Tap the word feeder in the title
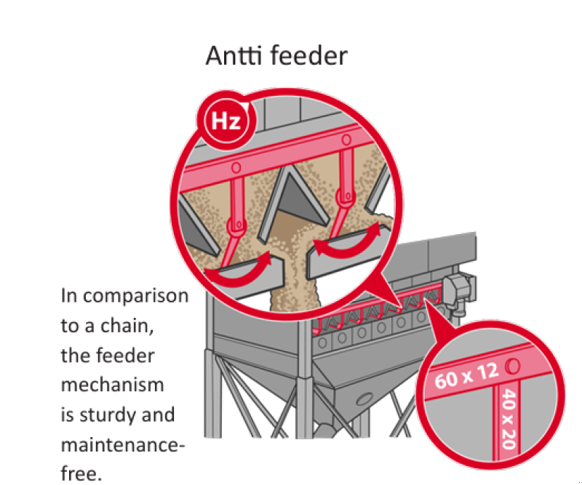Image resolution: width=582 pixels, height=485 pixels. (307, 56)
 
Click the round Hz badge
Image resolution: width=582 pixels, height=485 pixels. (226, 121)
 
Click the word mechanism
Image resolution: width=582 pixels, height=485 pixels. (112, 385)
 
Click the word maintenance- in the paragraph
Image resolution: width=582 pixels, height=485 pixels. (122, 444)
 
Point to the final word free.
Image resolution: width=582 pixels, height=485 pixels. (81, 473)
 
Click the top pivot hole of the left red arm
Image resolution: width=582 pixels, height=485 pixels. (236, 167)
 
